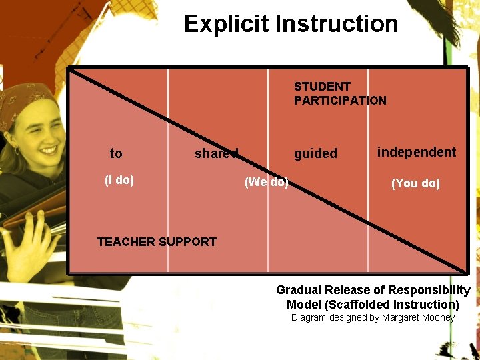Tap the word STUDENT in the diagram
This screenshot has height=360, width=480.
322,87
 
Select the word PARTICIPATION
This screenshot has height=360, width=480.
340,101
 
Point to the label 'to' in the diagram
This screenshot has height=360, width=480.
116,154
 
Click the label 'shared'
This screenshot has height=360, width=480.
216,154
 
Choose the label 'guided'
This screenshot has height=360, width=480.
316,154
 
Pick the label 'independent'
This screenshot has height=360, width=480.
417,152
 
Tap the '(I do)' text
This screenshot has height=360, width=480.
119,180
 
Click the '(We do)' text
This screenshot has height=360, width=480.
266,182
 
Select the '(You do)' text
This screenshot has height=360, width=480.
415,183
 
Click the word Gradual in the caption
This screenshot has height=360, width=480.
299,290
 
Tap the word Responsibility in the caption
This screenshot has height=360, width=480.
431,290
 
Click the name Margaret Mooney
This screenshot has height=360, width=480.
418,317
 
